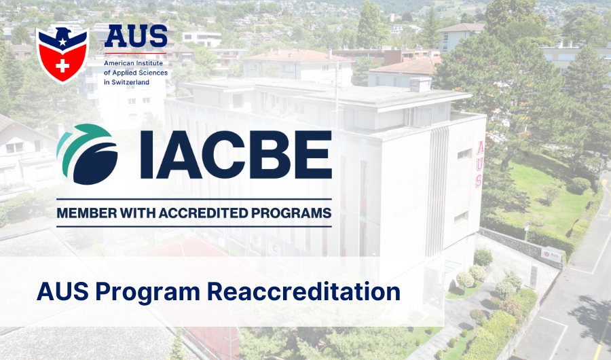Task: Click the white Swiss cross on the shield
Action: pos(62,67)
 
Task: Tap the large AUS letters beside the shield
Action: pos(136,37)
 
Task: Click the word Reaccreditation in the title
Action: pos(303,292)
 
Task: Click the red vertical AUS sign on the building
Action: pos(480,163)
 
